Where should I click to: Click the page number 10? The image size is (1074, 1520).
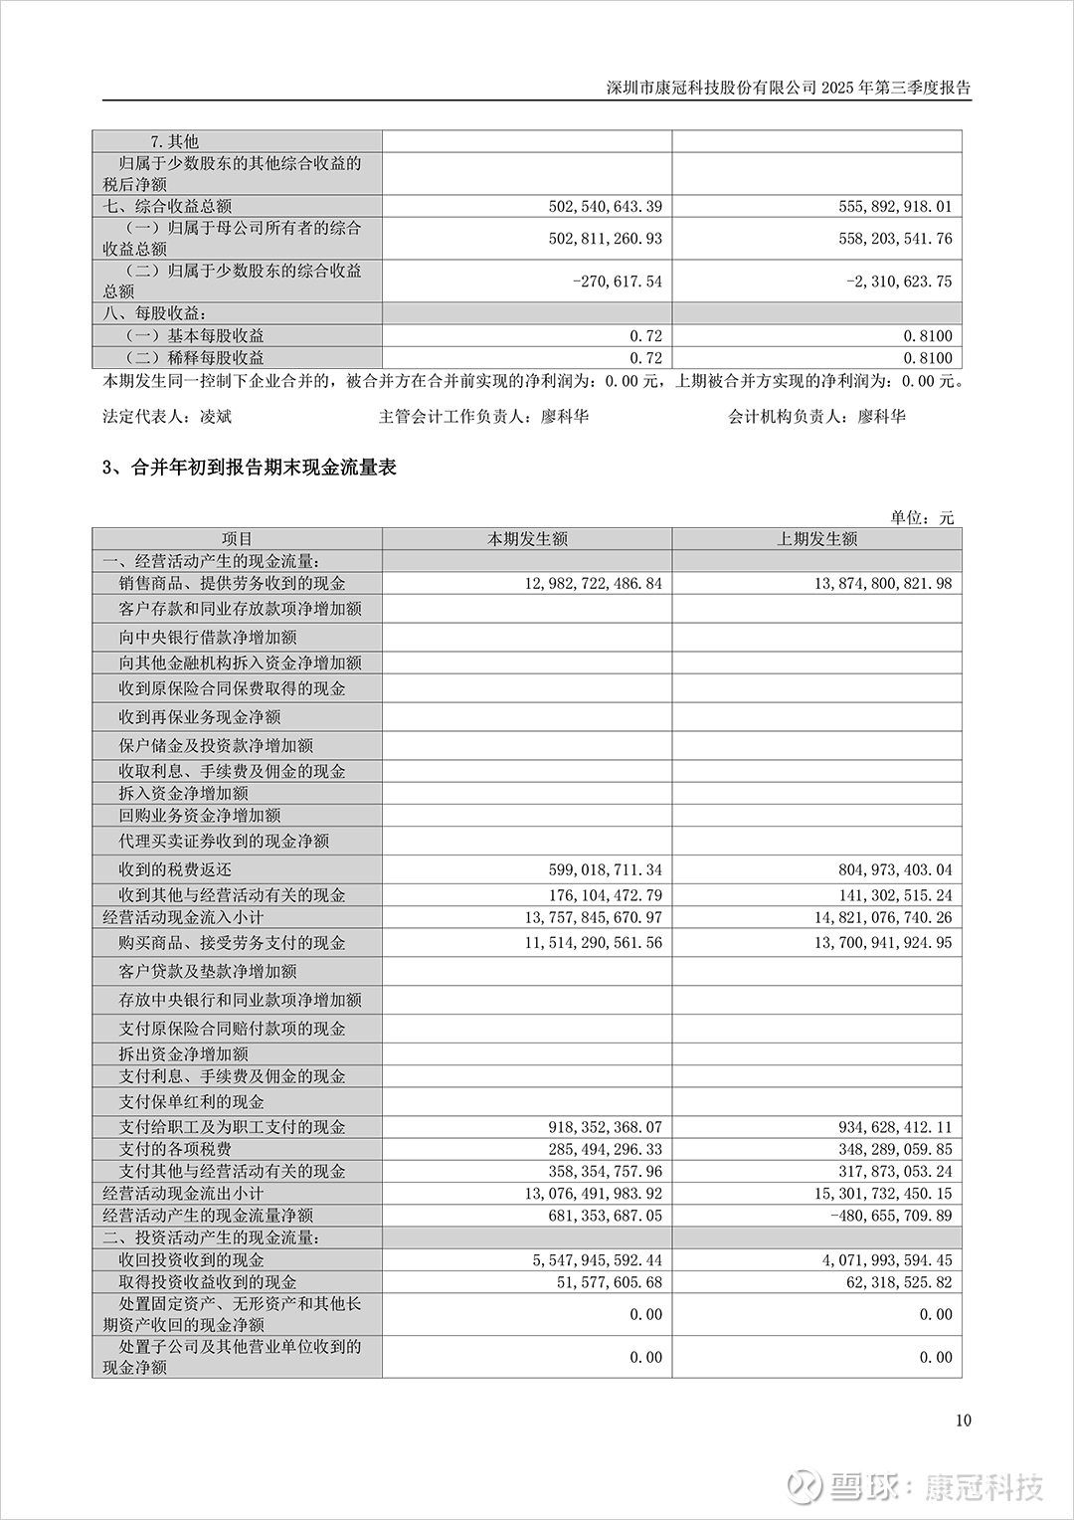[963, 1420]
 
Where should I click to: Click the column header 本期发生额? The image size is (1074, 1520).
[527, 538]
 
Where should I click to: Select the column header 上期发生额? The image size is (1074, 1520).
[816, 538]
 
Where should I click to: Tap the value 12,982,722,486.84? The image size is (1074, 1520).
[593, 583]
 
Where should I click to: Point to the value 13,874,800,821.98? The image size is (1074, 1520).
[883, 583]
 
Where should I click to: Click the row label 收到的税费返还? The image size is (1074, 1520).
[175, 869]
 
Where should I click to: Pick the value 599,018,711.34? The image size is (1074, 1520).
[605, 869]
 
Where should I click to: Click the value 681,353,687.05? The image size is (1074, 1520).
[605, 1215]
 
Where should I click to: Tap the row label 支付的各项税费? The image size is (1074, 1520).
[175, 1149]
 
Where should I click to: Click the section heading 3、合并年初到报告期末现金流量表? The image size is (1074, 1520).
[250, 468]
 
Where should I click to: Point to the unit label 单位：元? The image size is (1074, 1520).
[922, 517]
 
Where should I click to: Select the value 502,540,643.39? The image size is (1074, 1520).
[605, 206]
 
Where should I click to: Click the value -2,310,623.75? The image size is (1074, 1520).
[899, 282]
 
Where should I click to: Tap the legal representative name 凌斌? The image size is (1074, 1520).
[216, 416]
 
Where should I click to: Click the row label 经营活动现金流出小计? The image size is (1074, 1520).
[183, 1193]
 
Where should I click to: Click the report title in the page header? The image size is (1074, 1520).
[789, 88]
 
